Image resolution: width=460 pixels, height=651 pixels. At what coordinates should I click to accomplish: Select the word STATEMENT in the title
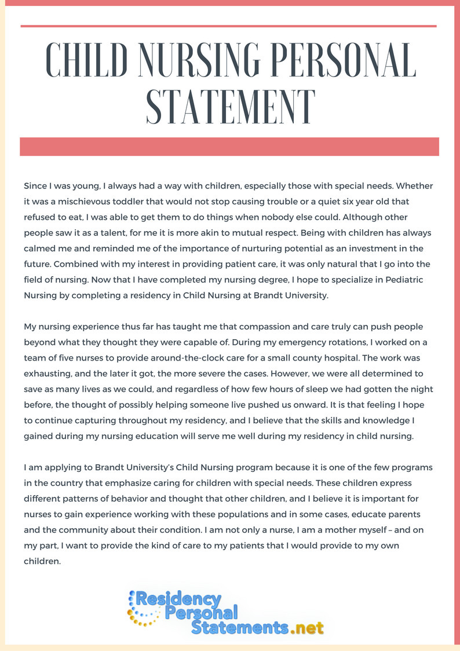[230, 106]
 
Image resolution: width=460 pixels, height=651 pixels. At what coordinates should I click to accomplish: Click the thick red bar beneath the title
[229, 147]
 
